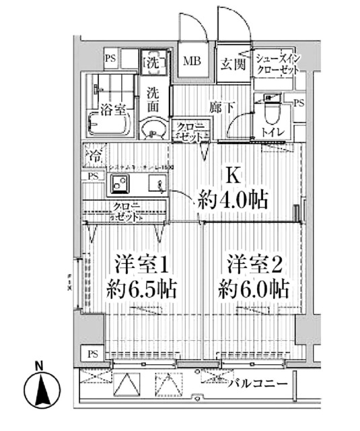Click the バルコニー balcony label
click(x=257, y=385)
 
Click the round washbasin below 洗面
click(x=154, y=128)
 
